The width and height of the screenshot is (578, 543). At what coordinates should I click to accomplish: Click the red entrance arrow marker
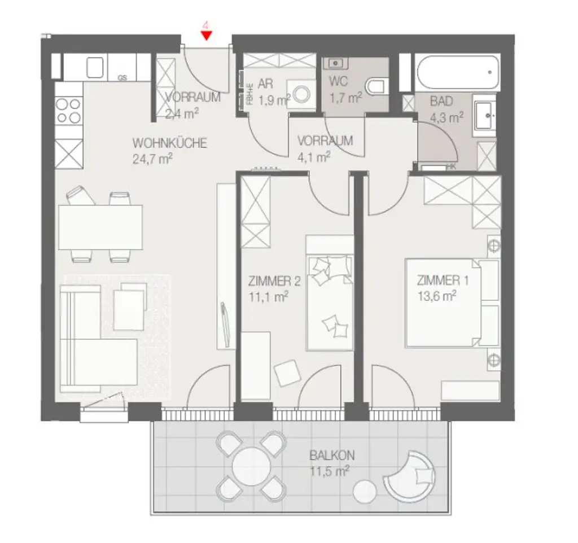pos(207,36)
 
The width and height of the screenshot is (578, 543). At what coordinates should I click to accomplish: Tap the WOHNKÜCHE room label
pos(169,143)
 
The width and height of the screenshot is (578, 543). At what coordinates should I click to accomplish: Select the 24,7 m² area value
pos(151,159)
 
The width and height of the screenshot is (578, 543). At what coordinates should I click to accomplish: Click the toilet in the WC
pos(374,86)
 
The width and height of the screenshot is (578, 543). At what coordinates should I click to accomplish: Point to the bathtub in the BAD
pos(457,72)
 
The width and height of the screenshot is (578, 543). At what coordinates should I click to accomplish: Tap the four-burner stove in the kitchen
pos(68,111)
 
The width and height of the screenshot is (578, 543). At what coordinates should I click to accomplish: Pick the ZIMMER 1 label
pos(442,281)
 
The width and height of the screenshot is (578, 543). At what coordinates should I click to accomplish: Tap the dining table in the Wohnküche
pos(100,227)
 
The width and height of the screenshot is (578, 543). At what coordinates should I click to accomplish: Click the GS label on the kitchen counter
pos(122,78)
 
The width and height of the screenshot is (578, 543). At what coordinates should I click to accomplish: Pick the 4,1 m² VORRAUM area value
pos(314,156)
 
